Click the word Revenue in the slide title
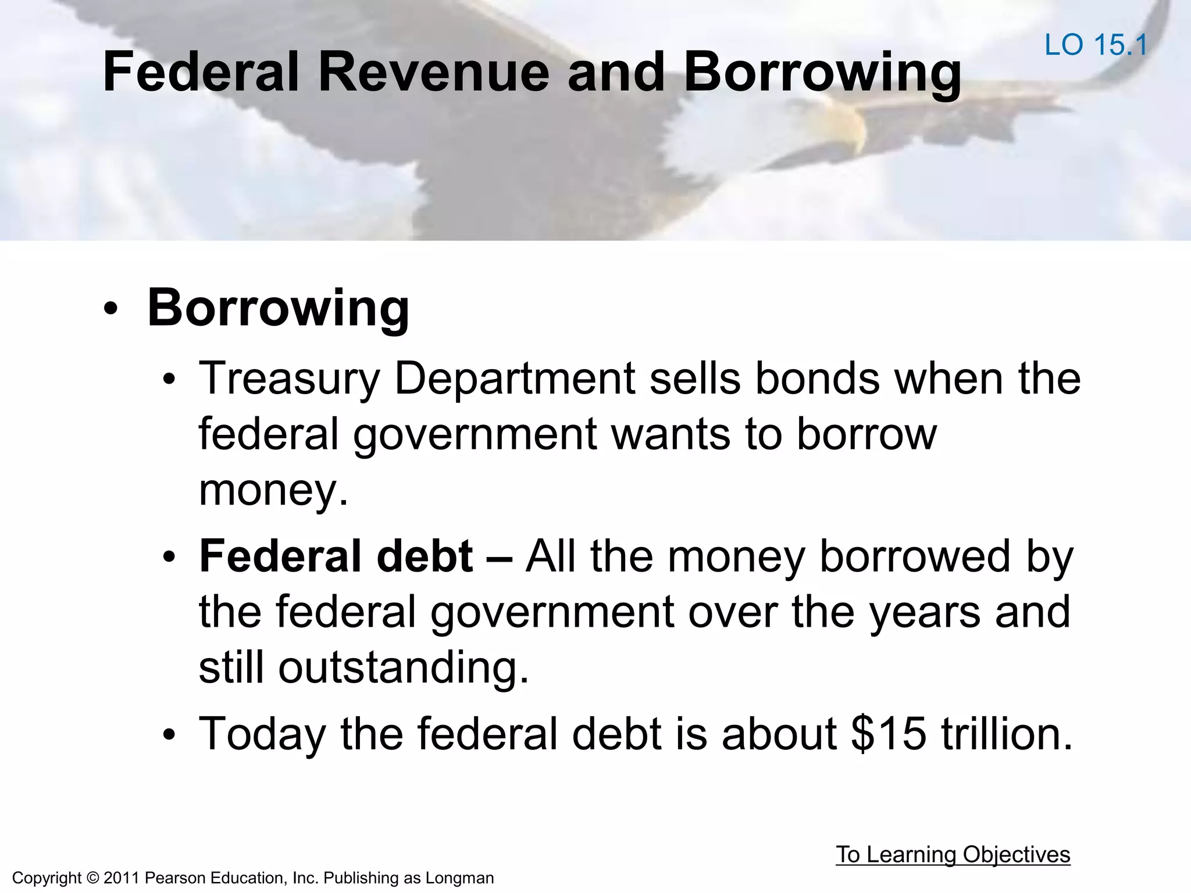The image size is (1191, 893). pyautogui.click(x=433, y=72)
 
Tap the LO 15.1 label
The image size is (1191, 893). pyautogui.click(x=1096, y=45)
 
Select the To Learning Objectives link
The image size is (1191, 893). pyautogui.click(x=953, y=855)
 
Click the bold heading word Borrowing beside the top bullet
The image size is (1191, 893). pyautogui.click(x=279, y=308)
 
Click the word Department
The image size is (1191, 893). pyautogui.click(x=515, y=380)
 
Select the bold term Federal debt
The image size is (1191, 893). pyautogui.click(x=336, y=556)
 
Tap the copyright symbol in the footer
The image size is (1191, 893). pyautogui.click(x=93, y=878)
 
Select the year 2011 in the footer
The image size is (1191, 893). pyautogui.click(x=122, y=878)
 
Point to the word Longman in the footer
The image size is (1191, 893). pyautogui.click(x=460, y=878)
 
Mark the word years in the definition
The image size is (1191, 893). pyautogui.click(x=925, y=612)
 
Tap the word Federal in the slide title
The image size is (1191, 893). pyautogui.click(x=201, y=72)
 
